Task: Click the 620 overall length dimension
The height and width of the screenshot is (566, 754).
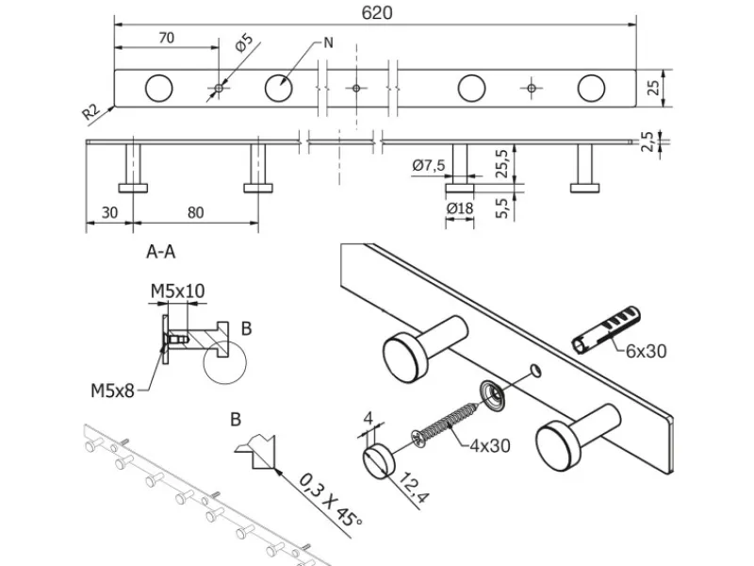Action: point(374,12)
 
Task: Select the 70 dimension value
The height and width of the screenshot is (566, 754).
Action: point(165,39)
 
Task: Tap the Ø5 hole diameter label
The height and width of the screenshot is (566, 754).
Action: point(243,44)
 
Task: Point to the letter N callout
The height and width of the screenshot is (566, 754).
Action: point(328,42)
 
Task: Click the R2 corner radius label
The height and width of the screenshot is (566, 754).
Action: point(91,112)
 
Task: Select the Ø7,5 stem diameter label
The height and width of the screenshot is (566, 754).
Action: point(428,166)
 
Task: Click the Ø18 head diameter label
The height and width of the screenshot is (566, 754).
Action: point(460,208)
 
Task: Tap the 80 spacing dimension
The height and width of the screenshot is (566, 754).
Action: point(195,212)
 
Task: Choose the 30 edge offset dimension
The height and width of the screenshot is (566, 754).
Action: point(108,212)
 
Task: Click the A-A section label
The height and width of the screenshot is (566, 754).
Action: point(161,252)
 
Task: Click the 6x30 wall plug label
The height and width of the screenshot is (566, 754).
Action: point(646,351)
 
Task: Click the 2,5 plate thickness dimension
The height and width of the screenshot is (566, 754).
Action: point(647,141)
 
